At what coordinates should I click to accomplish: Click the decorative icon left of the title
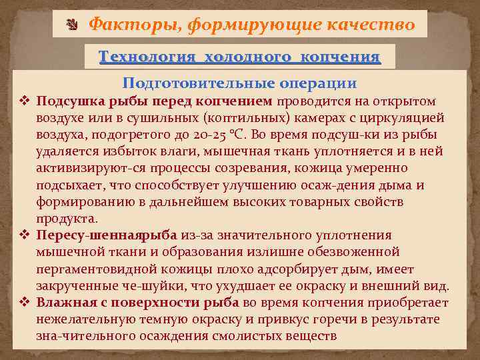pyautogui.click(x=73, y=25)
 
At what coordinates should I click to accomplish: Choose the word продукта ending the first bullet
pyautogui.click(x=67, y=218)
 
